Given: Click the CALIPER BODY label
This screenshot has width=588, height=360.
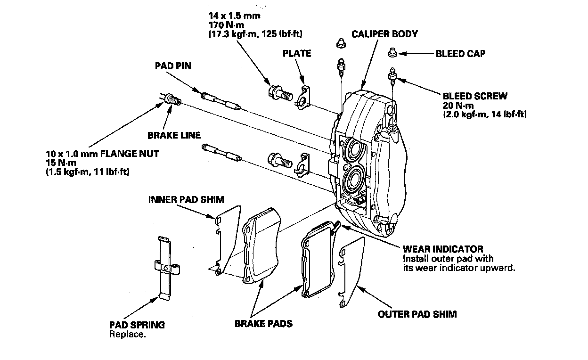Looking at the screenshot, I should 384,34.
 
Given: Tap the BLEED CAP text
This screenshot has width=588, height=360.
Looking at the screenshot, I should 460,54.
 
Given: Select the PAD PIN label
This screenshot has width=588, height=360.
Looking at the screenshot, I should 173,66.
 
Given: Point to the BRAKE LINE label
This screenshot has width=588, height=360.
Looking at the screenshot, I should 171,135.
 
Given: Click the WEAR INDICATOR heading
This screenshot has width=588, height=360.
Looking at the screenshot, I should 442,249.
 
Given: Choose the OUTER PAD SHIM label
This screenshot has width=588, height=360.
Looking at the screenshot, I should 417,314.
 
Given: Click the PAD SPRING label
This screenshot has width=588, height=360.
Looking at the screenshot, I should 137,325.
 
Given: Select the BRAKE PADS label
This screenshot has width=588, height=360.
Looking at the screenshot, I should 263,324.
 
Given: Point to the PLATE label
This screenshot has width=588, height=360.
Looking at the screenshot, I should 297,53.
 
